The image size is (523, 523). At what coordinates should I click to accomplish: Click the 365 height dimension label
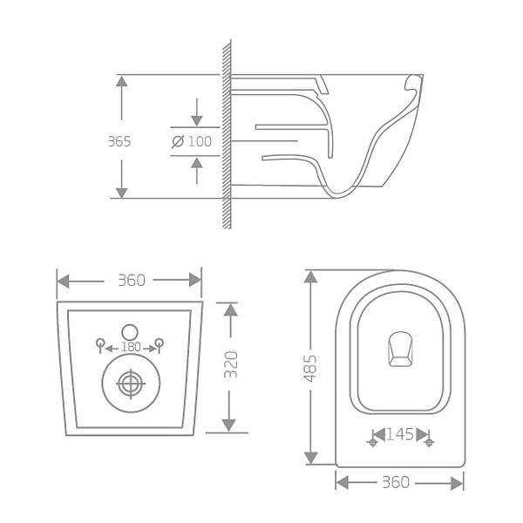[119, 141]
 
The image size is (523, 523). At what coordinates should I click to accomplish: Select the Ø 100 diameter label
[192, 141]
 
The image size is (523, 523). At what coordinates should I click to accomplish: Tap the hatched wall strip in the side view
[227, 135]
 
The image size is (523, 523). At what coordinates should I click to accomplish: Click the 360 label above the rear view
[131, 281]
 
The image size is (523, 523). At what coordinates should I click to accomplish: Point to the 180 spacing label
[130, 348]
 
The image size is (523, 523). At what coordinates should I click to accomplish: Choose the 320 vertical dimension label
[231, 364]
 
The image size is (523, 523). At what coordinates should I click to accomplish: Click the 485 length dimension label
[310, 368]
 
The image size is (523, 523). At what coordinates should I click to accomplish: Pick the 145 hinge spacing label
[400, 434]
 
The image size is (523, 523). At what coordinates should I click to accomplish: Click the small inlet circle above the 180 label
[130, 331]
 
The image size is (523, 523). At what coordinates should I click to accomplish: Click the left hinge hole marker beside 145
[373, 443]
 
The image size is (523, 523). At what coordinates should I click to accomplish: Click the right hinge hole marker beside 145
[428, 443]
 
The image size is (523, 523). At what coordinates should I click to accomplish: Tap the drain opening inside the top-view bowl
[400, 349]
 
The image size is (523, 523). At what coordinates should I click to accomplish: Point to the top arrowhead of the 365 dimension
[122, 81]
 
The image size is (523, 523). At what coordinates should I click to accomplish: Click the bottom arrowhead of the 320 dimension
[228, 425]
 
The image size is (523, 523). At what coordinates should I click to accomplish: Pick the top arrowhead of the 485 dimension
[310, 276]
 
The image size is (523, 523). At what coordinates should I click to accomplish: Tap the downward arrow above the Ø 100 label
[197, 120]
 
